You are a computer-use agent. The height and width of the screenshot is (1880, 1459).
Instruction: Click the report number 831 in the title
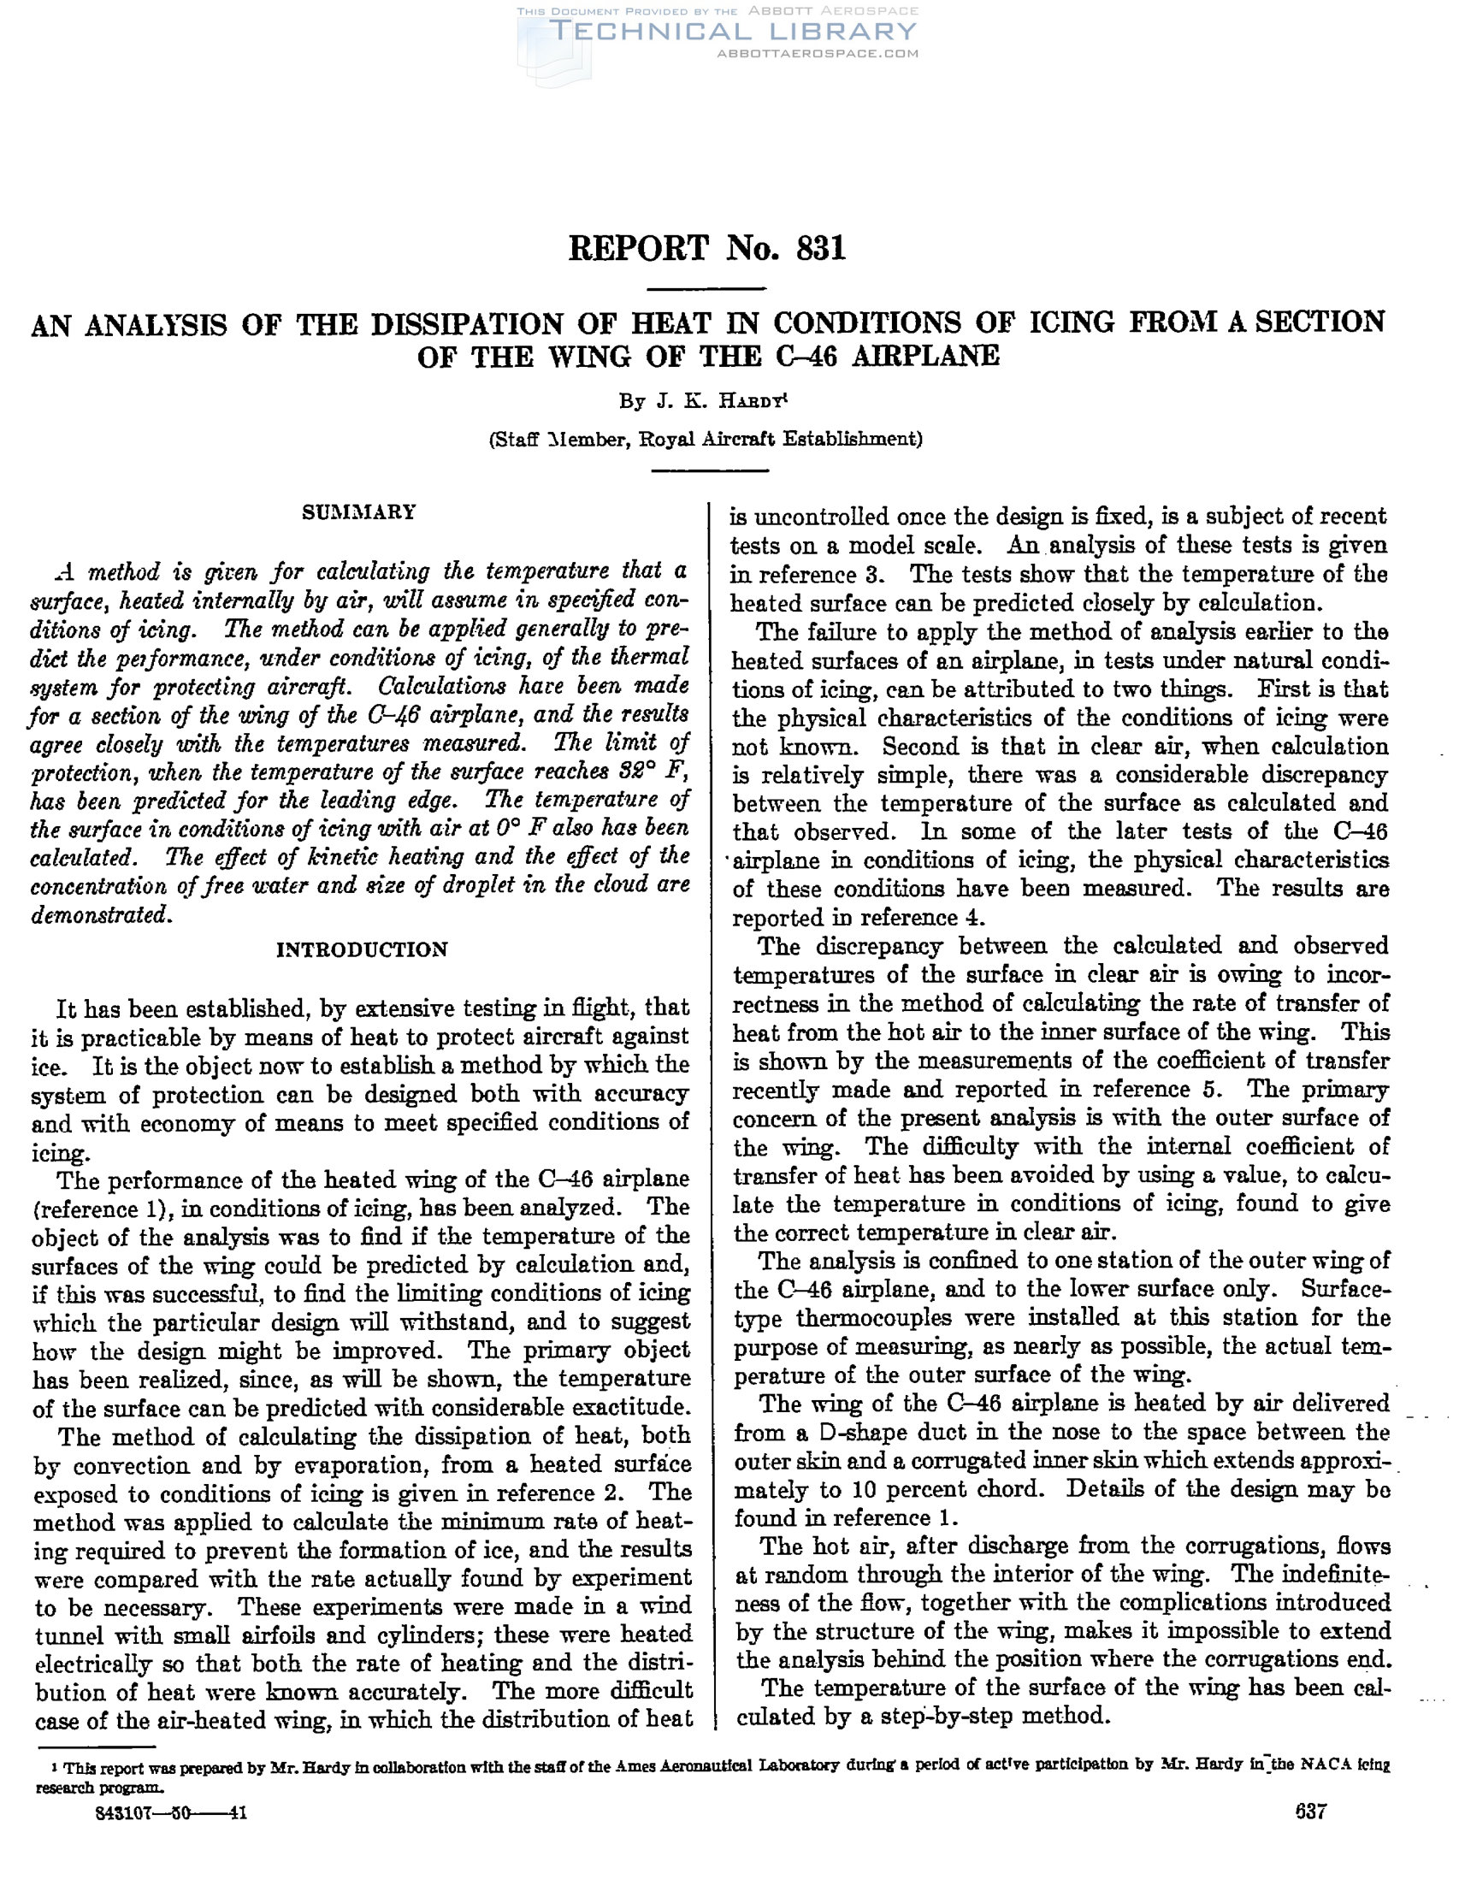click(x=821, y=248)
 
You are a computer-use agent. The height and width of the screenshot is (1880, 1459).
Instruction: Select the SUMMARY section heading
click(x=359, y=512)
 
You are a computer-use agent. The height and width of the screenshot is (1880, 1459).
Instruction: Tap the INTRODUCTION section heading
click(x=362, y=949)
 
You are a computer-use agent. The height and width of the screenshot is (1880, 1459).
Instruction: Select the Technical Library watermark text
click(x=733, y=32)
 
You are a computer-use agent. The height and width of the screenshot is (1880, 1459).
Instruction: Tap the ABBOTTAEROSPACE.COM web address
click(x=817, y=53)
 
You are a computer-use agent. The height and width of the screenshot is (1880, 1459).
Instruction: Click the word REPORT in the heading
click(x=638, y=248)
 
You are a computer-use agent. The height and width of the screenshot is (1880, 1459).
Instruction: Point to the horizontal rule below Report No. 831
click(x=706, y=288)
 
